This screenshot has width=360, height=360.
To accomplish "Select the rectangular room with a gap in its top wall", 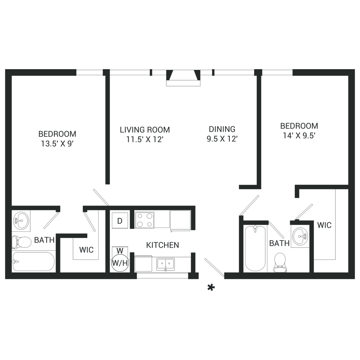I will tap(277, 248).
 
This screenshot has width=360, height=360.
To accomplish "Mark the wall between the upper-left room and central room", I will tap(105, 137).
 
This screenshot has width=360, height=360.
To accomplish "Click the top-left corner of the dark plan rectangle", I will tap(5, 69).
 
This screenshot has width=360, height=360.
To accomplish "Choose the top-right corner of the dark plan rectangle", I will tap(355, 69).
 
